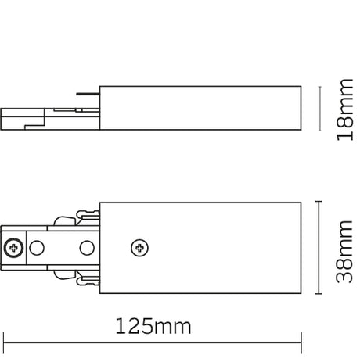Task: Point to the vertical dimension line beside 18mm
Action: [x=319, y=108]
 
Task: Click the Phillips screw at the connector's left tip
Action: [x=14, y=248]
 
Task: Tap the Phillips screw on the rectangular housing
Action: [x=140, y=248]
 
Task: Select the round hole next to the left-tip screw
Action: [x=36, y=248]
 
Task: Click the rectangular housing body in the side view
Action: [x=201, y=108]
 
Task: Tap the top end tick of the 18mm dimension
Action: [x=319, y=84]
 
